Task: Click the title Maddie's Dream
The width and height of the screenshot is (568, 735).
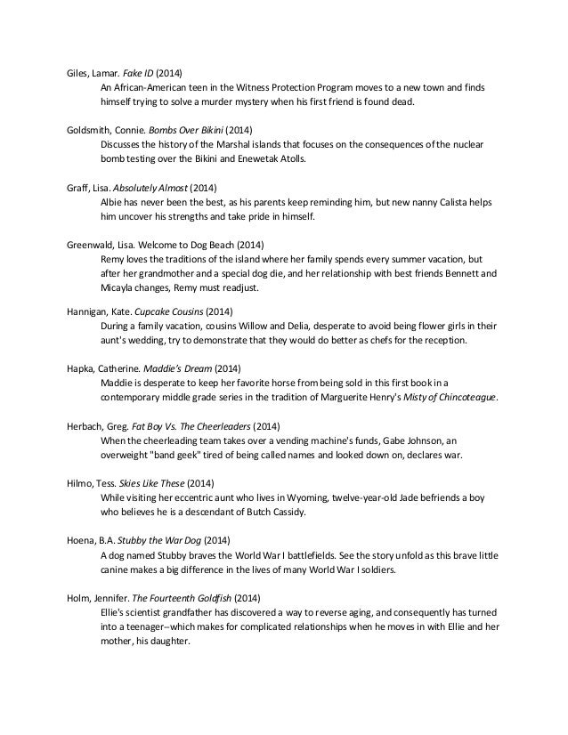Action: (x=173, y=367)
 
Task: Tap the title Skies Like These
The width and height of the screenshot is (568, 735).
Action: (x=156, y=483)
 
